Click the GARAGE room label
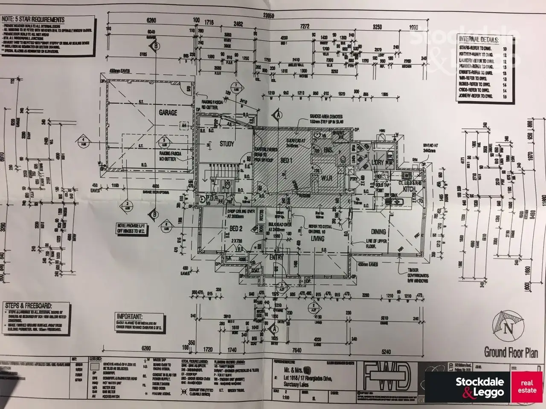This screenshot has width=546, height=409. [168, 112]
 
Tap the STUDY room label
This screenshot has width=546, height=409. [227, 144]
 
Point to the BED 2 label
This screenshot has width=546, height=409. [236, 229]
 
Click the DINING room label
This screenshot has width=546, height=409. [378, 232]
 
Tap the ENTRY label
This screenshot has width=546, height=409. [276, 257]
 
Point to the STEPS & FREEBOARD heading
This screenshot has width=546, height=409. [28, 305]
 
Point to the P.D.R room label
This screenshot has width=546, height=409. [212, 198]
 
